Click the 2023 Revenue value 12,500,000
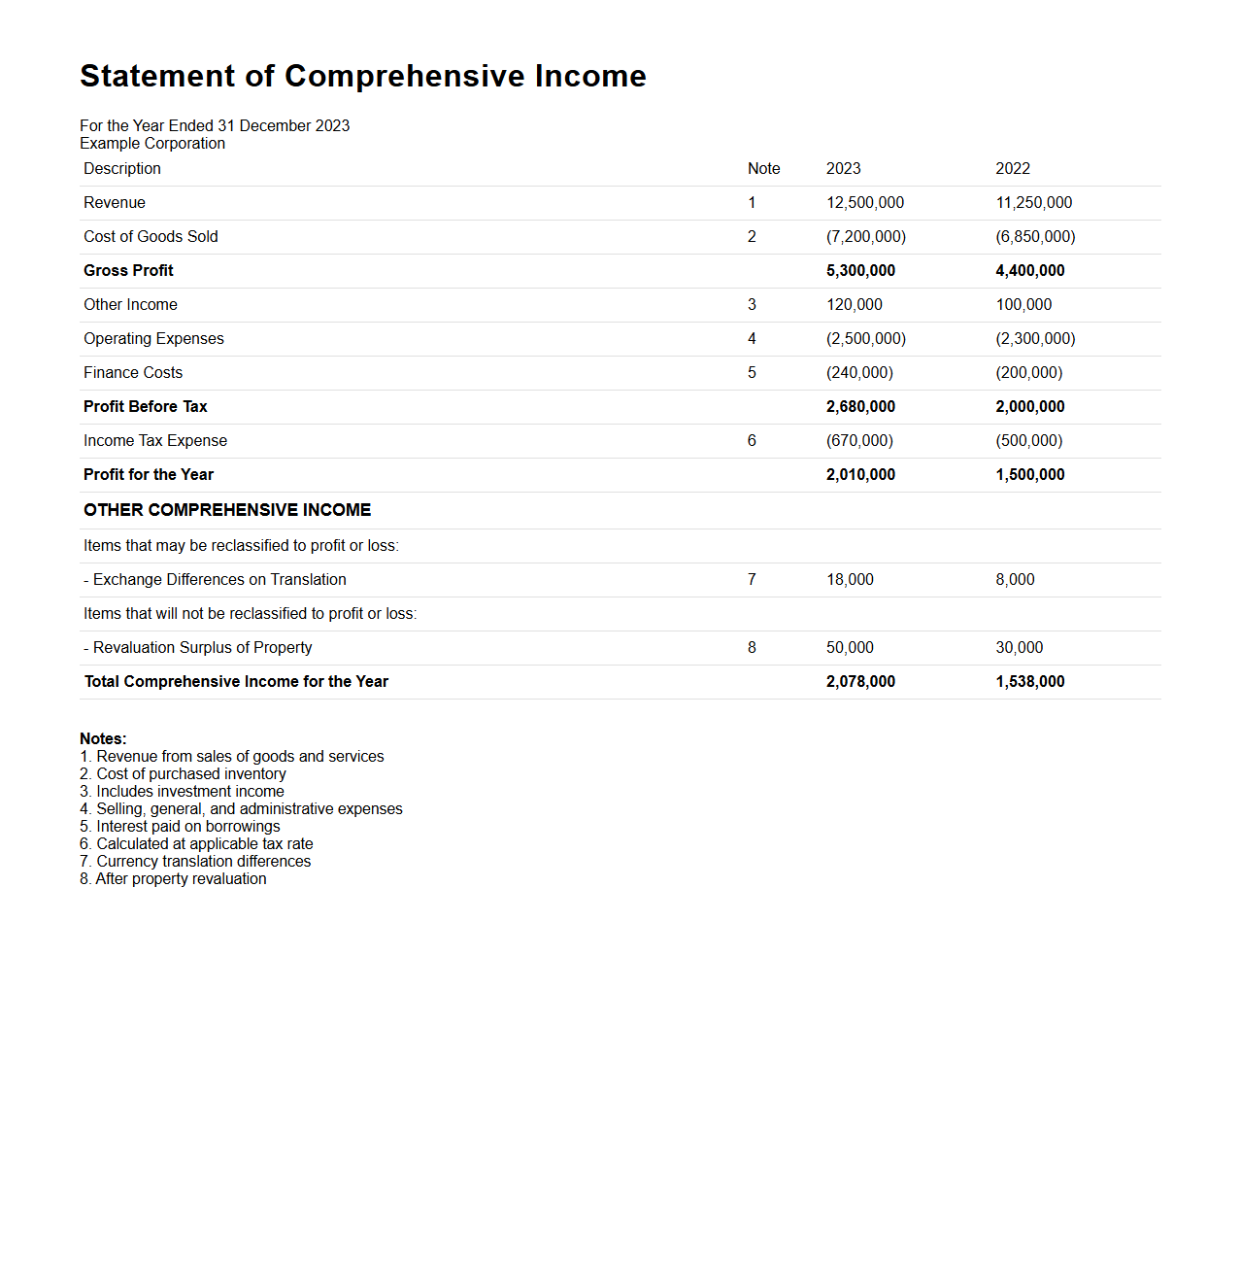864,203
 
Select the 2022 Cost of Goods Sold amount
1035,237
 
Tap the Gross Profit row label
128,271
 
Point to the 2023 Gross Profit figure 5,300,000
860,271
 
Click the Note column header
763,169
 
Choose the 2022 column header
1012,169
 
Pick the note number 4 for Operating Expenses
752,339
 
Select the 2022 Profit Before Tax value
1029,407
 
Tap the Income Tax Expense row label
155,441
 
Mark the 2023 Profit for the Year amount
860,475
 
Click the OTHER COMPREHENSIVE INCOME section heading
227,510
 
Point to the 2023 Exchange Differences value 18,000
850,580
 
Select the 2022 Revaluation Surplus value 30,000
1019,648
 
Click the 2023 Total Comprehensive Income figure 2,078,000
860,682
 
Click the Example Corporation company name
152,144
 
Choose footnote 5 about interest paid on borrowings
180,827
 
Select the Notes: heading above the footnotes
103,739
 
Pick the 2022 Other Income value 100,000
1023,305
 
